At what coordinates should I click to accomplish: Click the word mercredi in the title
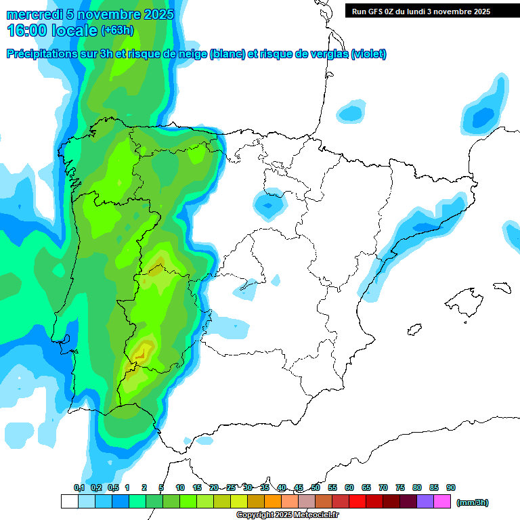click(x=30, y=14)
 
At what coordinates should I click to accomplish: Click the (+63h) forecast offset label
click(x=117, y=30)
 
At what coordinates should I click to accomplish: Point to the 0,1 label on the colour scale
click(x=79, y=487)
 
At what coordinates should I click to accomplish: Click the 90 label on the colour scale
click(x=451, y=487)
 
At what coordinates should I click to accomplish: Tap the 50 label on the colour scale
click(x=316, y=487)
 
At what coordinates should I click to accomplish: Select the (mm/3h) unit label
click(x=472, y=502)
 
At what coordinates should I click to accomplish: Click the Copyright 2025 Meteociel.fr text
click(x=287, y=515)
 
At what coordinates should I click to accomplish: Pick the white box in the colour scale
click(x=69, y=502)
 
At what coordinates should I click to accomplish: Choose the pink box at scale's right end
click(x=442, y=502)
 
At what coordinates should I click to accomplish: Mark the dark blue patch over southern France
click(x=483, y=116)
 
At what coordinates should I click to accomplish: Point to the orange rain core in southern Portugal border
click(x=143, y=351)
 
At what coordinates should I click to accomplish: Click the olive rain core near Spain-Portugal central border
click(x=157, y=269)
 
